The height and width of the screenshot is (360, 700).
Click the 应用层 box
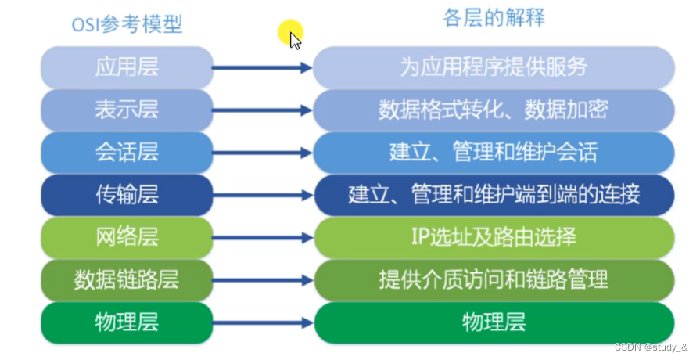(127, 67)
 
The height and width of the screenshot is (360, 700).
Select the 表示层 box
(127, 110)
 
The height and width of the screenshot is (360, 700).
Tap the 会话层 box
(127, 152)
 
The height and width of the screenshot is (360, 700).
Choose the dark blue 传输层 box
(127, 195)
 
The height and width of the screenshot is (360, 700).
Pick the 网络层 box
(127, 237)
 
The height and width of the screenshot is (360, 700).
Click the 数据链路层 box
(127, 279)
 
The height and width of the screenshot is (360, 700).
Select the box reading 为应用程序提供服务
(494, 67)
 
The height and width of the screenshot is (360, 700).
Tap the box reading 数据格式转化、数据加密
(494, 110)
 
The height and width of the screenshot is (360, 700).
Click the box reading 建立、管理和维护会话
(494, 152)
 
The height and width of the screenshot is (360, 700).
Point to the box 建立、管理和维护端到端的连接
(494, 195)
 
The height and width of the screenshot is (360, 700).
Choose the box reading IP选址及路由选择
(494, 237)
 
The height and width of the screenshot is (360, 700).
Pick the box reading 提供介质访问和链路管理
(494, 279)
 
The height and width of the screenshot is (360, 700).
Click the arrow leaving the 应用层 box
(262, 68)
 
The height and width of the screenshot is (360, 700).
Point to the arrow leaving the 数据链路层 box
(262, 280)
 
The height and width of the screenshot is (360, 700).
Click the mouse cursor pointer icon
(295, 39)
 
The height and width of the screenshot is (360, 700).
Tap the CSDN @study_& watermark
(652, 347)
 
